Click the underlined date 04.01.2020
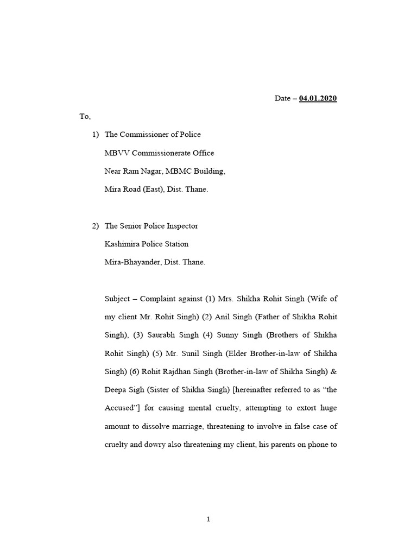pyautogui.click(x=318, y=98)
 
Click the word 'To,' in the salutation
pyautogui.click(x=85, y=116)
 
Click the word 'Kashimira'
pyautogui.click(x=123, y=244)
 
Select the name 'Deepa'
pyautogui.click(x=115, y=390)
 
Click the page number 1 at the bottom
pyautogui.click(x=208, y=520)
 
